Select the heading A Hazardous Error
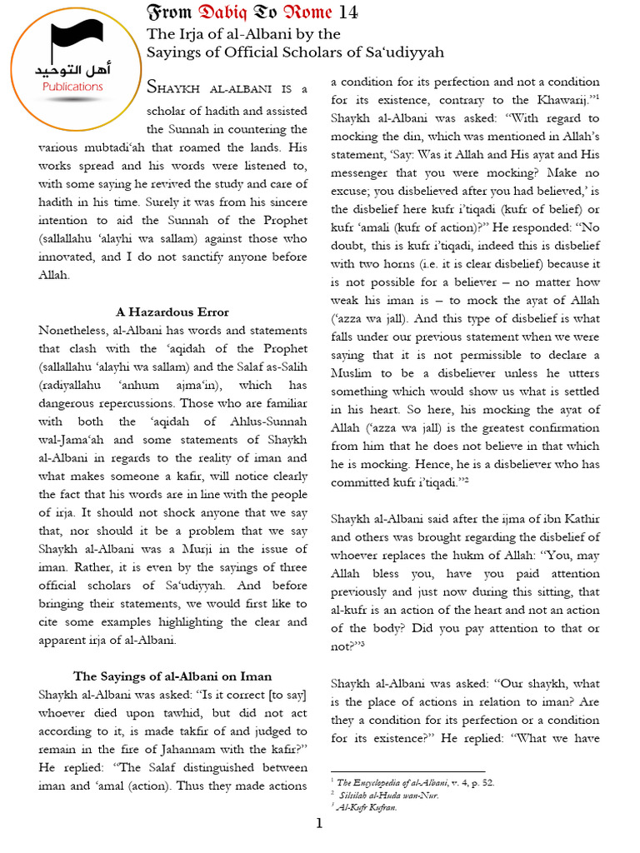point(172,312)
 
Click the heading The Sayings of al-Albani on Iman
point(172,676)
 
